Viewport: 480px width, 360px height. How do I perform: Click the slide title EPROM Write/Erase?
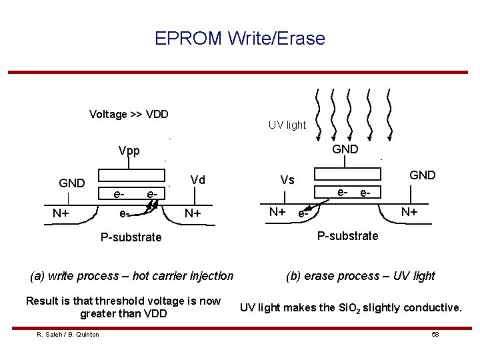tap(240, 39)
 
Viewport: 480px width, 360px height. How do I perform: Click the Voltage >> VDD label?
tap(129, 114)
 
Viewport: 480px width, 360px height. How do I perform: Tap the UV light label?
tap(287, 125)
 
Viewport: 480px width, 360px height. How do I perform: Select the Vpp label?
tap(129, 151)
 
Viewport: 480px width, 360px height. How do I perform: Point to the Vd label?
tap(197, 179)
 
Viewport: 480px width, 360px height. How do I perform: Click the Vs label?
tap(287, 180)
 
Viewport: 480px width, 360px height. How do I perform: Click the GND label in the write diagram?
tap(72, 183)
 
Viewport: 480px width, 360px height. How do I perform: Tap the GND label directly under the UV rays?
tap(345, 149)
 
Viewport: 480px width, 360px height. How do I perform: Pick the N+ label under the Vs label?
tap(277, 212)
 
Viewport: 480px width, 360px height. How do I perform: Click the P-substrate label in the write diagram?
tap(131, 237)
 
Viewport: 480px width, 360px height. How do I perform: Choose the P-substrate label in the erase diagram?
tap(347, 235)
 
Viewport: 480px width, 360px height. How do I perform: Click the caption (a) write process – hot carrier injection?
tap(132, 276)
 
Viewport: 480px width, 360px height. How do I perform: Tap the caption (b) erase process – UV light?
tap(360, 276)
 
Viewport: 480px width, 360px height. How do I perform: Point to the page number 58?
tap(435, 334)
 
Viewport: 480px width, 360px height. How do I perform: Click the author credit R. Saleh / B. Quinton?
tap(68, 334)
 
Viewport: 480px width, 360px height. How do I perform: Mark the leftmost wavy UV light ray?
tap(319, 113)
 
